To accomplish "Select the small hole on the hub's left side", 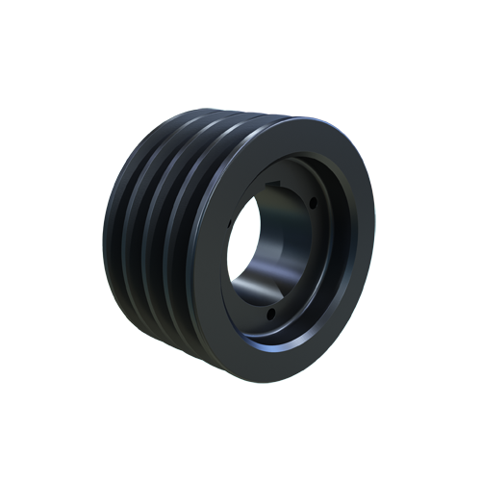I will point(231,223).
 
